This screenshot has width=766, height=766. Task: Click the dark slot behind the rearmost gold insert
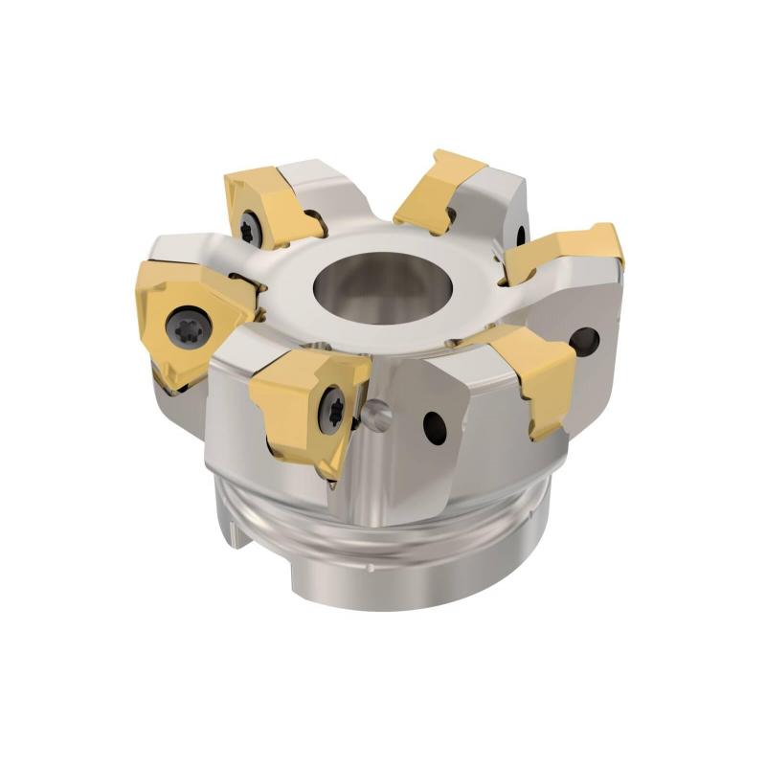(x=521, y=233)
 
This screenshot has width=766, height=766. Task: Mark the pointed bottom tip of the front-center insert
(x=330, y=474)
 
